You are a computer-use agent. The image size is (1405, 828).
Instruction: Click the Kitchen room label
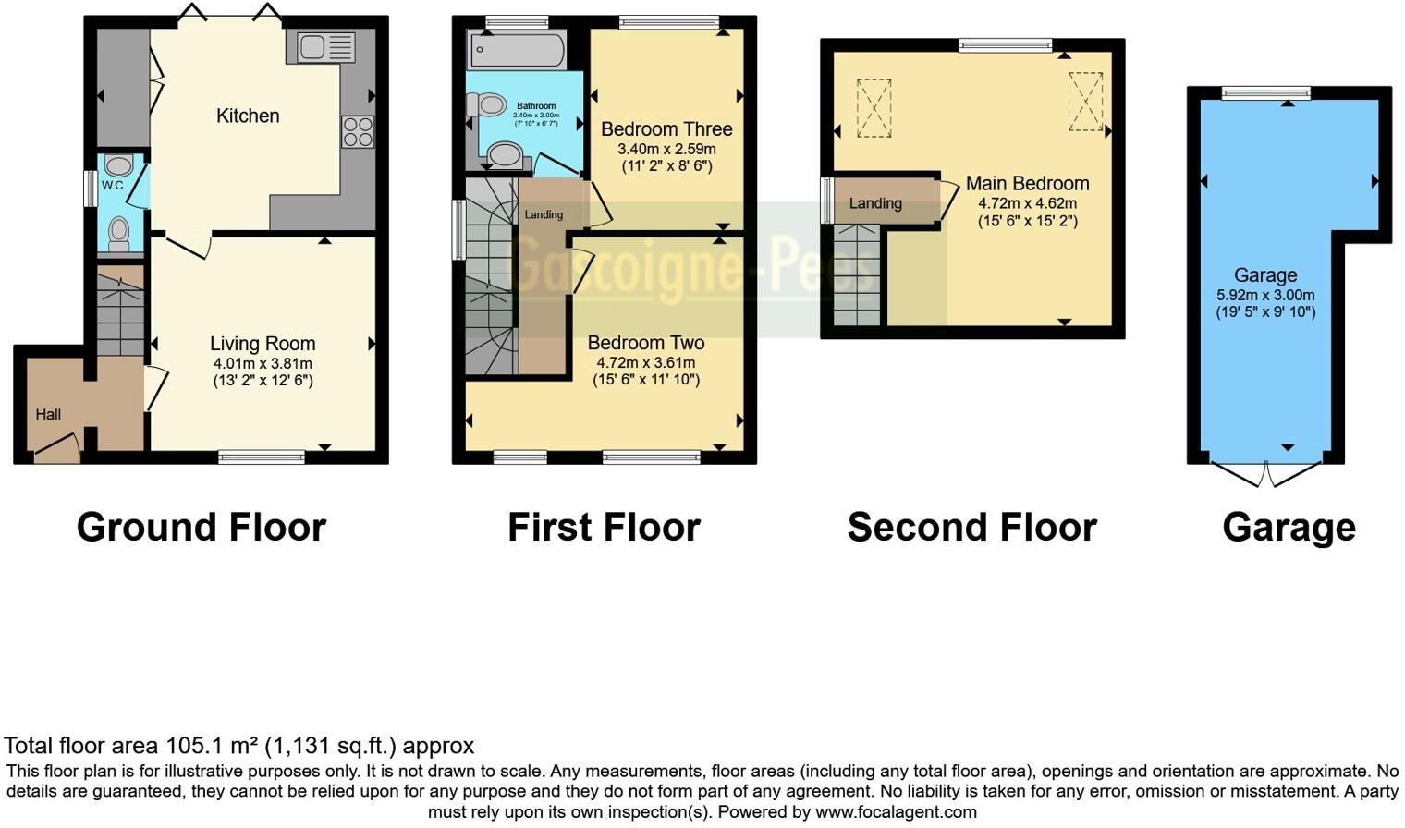click(x=247, y=116)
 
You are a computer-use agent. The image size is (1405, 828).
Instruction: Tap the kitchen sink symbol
click(x=320, y=47)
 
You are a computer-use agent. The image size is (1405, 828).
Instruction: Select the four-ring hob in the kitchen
click(x=358, y=131)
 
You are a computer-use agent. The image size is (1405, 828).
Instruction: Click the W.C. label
click(x=113, y=186)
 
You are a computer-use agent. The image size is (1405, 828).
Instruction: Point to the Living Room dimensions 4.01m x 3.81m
click(x=262, y=363)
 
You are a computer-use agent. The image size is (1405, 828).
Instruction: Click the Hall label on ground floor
click(x=48, y=414)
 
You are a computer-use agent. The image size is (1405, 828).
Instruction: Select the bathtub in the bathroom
click(x=517, y=50)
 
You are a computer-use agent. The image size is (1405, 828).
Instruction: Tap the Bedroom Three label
click(x=666, y=129)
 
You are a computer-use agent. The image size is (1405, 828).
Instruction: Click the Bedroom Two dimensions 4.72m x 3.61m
click(x=645, y=363)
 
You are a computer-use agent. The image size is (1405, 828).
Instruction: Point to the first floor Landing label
click(x=544, y=214)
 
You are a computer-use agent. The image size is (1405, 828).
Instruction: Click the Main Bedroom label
click(x=1027, y=183)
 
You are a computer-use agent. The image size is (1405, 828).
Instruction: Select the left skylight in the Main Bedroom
click(x=874, y=108)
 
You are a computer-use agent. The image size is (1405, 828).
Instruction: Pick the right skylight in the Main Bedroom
click(x=1085, y=101)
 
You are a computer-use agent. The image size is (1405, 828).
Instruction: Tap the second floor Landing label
click(x=874, y=203)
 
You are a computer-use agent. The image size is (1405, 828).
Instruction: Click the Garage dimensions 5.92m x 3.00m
click(x=1264, y=296)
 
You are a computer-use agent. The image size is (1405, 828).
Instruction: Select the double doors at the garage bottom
click(x=1265, y=474)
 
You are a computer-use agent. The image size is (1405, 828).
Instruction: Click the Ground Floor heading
click(x=201, y=527)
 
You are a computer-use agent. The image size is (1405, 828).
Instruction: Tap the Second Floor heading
click(x=971, y=527)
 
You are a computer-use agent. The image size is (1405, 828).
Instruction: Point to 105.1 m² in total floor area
click(x=212, y=746)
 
